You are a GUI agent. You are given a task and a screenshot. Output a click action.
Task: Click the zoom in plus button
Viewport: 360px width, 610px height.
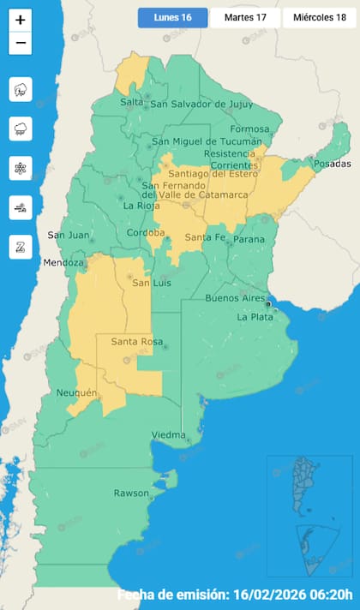coord(21,20)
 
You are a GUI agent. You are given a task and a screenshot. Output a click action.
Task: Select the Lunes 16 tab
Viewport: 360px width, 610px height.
coord(172,17)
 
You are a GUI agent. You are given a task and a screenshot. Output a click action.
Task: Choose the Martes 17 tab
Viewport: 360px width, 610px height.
coord(244,17)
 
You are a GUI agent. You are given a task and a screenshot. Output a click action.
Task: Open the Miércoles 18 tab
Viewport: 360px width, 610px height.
coord(319,17)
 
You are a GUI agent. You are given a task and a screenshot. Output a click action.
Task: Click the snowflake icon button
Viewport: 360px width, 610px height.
coord(21,168)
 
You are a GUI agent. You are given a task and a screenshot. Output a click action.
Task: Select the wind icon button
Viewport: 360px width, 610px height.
coord(21,206)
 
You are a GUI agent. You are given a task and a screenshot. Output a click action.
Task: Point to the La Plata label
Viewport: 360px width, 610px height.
coord(254,317)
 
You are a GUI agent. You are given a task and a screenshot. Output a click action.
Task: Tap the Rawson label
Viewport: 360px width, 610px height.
coord(132,493)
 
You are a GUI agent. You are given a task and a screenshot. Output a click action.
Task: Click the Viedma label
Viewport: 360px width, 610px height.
coord(168,436)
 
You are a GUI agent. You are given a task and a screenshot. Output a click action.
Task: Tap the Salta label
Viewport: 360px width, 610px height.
coord(132,102)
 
